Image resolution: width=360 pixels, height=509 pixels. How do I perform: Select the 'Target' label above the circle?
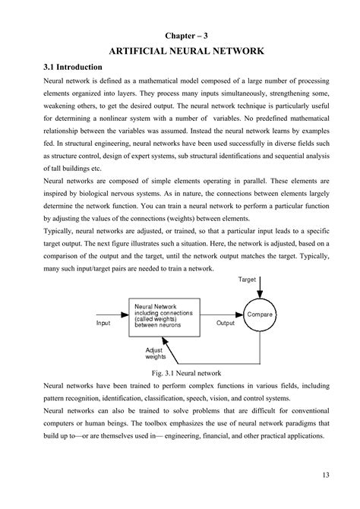(248, 279)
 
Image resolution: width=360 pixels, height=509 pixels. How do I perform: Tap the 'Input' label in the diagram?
(103, 323)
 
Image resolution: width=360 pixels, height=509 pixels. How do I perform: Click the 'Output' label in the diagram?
(226, 323)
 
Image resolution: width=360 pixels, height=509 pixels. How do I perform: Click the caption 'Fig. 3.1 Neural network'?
(186, 373)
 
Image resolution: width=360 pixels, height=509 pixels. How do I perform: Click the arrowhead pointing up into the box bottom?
(172, 337)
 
